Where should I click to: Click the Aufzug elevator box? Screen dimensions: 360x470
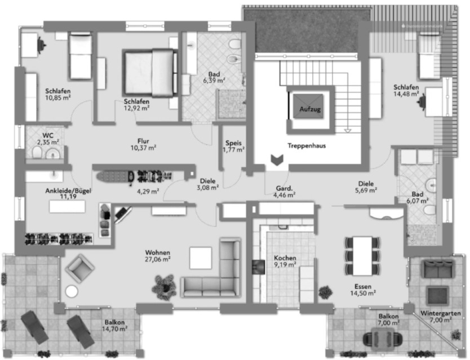[x=309, y=108]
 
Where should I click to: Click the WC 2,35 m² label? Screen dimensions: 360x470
[x=48, y=139]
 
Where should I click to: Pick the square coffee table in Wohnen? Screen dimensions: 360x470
[x=201, y=258]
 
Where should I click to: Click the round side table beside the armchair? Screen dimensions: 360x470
[x=72, y=291]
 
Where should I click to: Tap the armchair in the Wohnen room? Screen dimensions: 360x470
[x=79, y=268]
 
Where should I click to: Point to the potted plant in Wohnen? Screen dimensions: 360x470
[x=165, y=285]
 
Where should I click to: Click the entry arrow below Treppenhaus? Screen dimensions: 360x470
[x=277, y=161]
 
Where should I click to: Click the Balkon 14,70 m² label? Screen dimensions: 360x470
[x=114, y=325]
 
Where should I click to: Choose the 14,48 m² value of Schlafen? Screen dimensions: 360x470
[x=406, y=95]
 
